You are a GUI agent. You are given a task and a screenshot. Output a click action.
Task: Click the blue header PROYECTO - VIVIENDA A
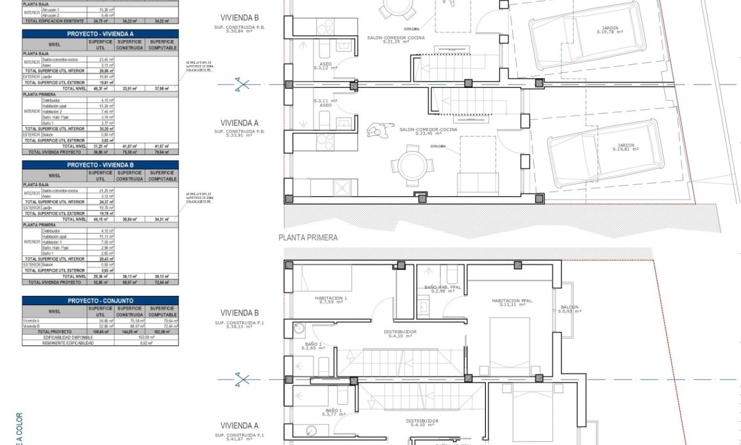pyautogui.click(x=100, y=33)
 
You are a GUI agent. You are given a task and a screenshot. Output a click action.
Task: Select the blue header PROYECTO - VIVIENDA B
pyautogui.click(x=100, y=165)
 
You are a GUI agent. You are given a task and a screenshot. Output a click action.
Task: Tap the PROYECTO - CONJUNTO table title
pyautogui.click(x=100, y=301)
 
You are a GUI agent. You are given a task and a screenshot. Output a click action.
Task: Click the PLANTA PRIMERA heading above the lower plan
pyautogui.click(x=308, y=238)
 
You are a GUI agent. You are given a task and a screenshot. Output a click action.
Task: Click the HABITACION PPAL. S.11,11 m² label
pyautogui.click(x=512, y=302)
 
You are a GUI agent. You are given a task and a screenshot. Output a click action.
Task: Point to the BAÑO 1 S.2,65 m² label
pyautogui.click(x=312, y=346)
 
